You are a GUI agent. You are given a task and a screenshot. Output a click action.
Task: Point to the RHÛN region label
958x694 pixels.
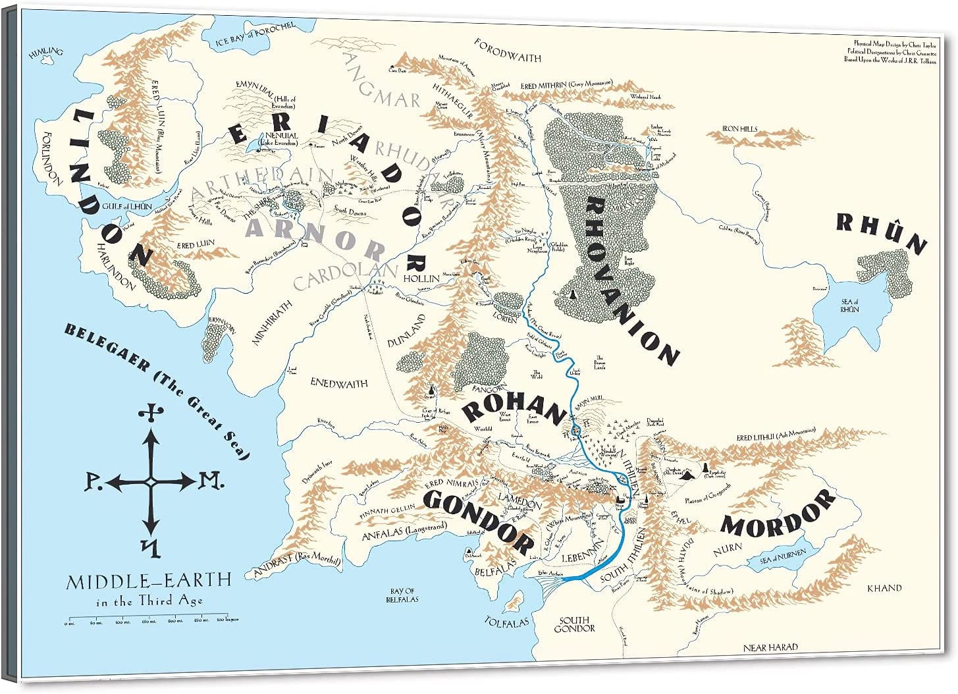[x=881, y=233]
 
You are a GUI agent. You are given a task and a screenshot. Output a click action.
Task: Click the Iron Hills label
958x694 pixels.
[x=739, y=130]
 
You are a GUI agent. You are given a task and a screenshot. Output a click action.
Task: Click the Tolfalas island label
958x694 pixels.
[x=508, y=621]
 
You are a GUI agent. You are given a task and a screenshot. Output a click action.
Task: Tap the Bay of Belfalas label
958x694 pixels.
[x=402, y=595]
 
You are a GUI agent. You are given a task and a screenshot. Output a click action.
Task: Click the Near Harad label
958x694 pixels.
[x=770, y=647]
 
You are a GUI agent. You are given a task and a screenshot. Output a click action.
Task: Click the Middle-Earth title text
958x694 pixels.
[x=148, y=581]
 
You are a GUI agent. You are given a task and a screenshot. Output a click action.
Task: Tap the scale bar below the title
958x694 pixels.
[x=151, y=620]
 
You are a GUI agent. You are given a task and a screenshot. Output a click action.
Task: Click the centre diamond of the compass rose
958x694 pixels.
[x=151, y=483]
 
